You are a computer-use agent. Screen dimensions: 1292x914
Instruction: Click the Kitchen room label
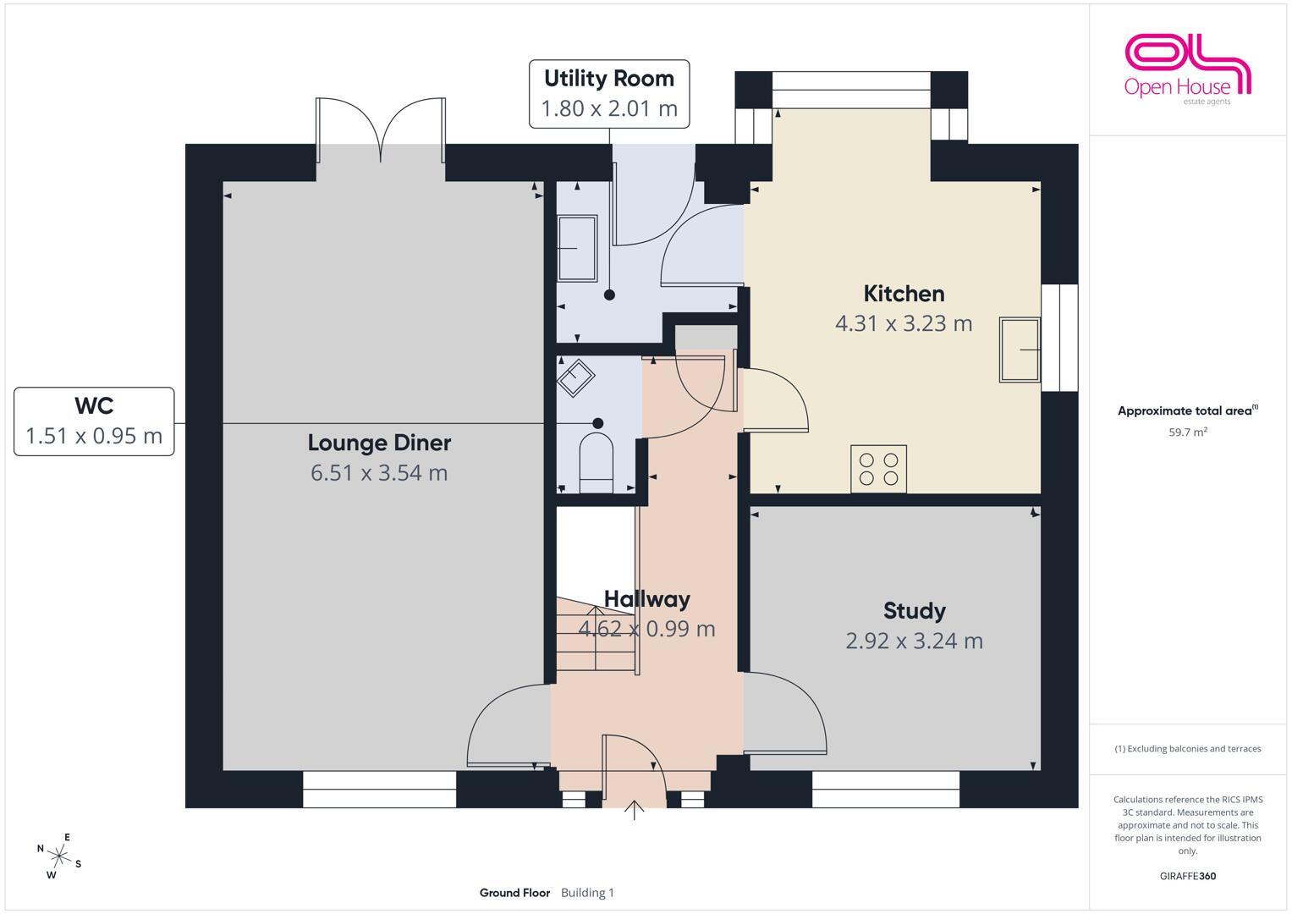coord(904,294)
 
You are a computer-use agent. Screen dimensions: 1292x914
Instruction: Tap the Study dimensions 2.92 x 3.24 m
coord(914,641)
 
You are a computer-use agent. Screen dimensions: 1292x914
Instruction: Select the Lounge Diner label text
coord(379,443)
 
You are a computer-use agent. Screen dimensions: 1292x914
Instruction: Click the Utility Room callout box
coord(609,93)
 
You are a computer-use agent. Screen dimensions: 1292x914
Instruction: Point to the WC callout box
coord(94,421)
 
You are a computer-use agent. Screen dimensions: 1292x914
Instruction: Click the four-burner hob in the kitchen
coord(878,469)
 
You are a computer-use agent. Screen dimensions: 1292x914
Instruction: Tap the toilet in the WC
coord(596,462)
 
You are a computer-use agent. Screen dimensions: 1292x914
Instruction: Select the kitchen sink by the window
coord(1020,350)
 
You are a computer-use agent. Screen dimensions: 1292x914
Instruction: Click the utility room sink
coord(577,248)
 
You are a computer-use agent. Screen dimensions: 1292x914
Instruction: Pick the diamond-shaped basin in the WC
coord(575,378)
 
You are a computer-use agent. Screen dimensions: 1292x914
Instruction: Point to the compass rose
coord(59,856)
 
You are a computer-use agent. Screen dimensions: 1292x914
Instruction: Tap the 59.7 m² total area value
coord(1188,432)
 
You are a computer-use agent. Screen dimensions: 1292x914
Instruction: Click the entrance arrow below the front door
coord(634,810)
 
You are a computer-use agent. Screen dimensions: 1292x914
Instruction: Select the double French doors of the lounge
coord(381,130)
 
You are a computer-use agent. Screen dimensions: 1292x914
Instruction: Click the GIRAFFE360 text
coord(1188,876)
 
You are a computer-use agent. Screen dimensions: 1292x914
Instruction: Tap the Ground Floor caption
coord(514,893)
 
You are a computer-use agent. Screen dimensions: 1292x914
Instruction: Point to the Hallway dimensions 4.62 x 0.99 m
coord(646,629)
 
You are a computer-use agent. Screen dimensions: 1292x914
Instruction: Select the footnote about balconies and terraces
coord(1188,748)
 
